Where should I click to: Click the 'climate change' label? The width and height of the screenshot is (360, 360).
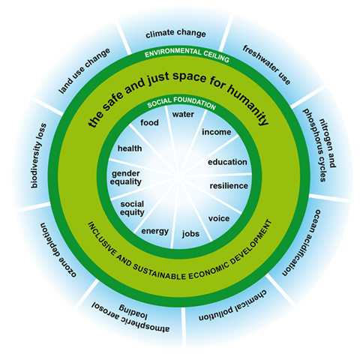click(x=175, y=33)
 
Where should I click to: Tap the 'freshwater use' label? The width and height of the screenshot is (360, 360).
click(x=266, y=65)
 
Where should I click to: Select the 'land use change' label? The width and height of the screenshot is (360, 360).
click(x=84, y=70)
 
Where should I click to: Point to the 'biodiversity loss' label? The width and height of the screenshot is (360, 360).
click(x=38, y=155)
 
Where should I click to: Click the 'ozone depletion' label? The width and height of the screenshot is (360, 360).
click(x=58, y=250)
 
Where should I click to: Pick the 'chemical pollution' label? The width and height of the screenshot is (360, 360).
click(x=232, y=306)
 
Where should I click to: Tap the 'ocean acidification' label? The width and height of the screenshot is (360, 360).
click(x=301, y=242)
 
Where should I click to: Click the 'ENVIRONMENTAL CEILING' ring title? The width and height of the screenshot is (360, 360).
click(x=187, y=54)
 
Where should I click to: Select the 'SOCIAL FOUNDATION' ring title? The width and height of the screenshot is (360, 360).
click(x=181, y=102)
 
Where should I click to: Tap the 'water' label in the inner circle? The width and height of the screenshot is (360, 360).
click(x=183, y=115)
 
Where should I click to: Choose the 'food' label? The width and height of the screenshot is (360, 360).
click(x=149, y=122)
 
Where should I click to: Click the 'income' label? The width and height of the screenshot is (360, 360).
click(x=217, y=132)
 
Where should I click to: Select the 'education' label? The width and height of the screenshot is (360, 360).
click(x=227, y=162)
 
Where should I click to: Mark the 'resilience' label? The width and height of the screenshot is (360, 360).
click(x=229, y=186)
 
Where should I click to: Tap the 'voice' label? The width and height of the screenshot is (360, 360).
click(x=219, y=218)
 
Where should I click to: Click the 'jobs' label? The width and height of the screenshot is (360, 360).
click(x=190, y=234)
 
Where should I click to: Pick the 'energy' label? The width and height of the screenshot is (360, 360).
click(x=155, y=231)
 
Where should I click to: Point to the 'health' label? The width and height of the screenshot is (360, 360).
click(x=130, y=148)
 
